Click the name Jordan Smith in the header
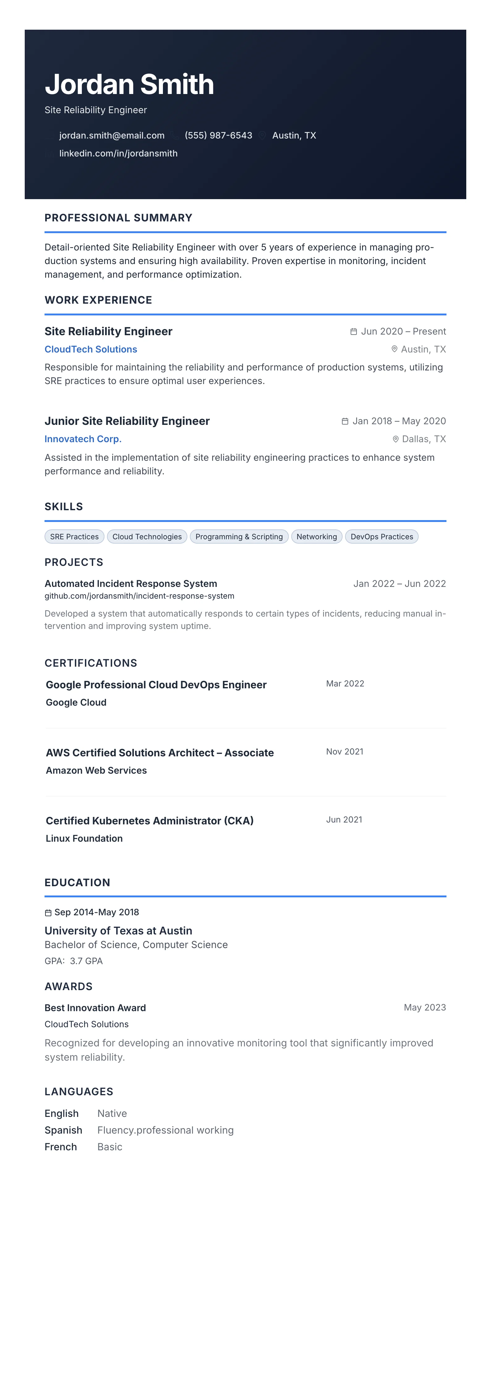[129, 85]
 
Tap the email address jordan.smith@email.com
[112, 135]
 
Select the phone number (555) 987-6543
[218, 135]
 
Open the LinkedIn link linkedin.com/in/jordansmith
[118, 153]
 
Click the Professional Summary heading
[118, 218]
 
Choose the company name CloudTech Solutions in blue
[91, 349]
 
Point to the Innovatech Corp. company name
[83, 439]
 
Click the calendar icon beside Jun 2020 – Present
[353, 331]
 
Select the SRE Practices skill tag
[75, 536]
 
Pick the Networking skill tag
[316, 536]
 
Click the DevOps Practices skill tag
[382, 536]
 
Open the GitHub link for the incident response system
[139, 596]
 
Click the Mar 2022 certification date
[345, 684]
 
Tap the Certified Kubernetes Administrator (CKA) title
[149, 821]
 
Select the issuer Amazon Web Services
[96, 771]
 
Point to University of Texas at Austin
[118, 931]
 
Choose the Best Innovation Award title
[95, 1008]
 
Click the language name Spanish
[63, 1130]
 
